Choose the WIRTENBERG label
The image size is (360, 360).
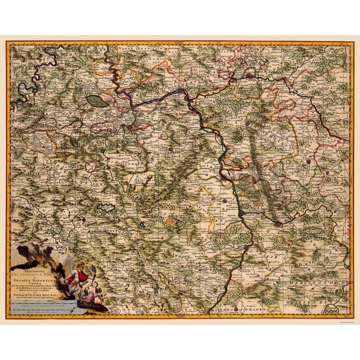(x=328, y=299)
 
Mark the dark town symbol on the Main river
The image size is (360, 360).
(x=251, y=74)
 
